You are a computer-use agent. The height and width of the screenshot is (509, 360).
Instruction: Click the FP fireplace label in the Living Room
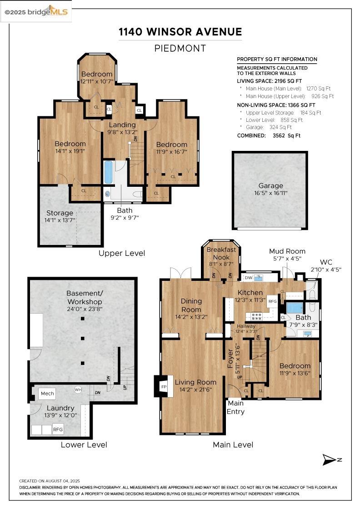click(x=164, y=387)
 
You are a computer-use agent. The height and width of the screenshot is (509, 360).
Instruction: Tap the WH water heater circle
click(x=78, y=389)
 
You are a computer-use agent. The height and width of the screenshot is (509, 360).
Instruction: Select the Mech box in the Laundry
click(x=47, y=394)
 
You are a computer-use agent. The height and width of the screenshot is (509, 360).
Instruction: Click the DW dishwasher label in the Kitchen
click(x=249, y=278)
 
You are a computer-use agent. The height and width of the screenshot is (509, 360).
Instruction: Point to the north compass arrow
click(x=330, y=459)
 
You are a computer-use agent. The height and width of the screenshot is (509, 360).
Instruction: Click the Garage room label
click(x=271, y=186)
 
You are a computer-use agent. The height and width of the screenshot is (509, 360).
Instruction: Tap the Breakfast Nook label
click(x=221, y=253)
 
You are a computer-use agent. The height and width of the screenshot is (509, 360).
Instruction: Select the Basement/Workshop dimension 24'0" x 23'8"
click(x=85, y=309)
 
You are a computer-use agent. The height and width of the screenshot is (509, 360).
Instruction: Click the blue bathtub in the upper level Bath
click(x=109, y=172)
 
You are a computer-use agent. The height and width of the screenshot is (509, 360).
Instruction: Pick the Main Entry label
click(x=235, y=407)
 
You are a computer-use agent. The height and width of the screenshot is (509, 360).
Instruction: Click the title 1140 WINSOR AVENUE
click(x=180, y=32)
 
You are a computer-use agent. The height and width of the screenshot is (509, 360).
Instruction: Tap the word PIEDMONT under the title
click(x=180, y=48)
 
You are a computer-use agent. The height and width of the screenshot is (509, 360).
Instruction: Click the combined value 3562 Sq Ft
click(x=287, y=136)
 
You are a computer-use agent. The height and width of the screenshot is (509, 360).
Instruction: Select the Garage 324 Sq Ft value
click(x=280, y=127)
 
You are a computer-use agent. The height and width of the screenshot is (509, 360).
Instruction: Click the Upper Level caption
click(x=122, y=253)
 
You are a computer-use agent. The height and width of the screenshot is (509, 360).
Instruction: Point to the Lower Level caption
click(x=84, y=445)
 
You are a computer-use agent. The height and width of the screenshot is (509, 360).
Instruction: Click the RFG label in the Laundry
click(x=58, y=429)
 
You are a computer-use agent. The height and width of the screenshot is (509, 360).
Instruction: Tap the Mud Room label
click(x=287, y=251)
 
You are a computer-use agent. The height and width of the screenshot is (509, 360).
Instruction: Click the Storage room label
click(x=60, y=213)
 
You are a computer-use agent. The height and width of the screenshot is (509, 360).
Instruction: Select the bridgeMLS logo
click(x=36, y=12)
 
